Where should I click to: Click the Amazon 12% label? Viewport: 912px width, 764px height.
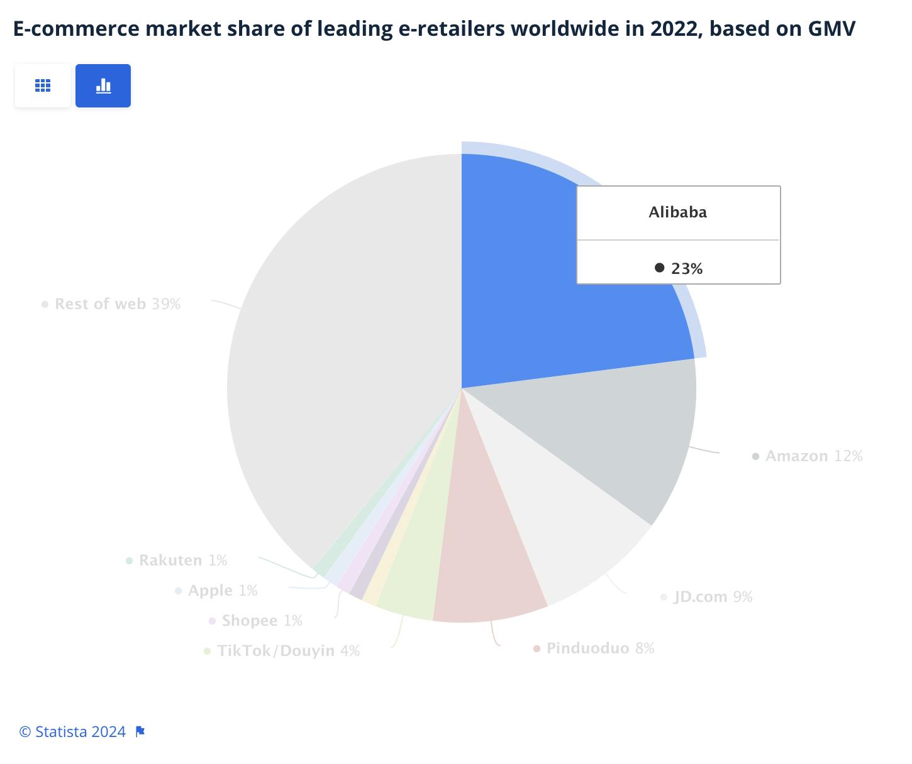pyautogui.click(x=813, y=456)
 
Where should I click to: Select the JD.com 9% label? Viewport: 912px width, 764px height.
pyautogui.click(x=712, y=597)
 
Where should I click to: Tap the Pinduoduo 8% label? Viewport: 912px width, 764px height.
pyautogui.click(x=599, y=648)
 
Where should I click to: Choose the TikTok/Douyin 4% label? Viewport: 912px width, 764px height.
pyautogui.click(x=287, y=651)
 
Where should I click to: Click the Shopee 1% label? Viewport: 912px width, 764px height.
pyautogui.click(x=261, y=621)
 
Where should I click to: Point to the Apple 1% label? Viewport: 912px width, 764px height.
pyautogui.click(x=222, y=591)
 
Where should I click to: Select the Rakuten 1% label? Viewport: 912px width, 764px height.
pyautogui.click(x=182, y=560)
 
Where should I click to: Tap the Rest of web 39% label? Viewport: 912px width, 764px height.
pyautogui.click(x=117, y=304)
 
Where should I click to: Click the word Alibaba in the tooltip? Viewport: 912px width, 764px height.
pyautogui.click(x=677, y=212)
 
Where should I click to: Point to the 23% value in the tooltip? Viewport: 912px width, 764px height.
pyautogui.click(x=686, y=269)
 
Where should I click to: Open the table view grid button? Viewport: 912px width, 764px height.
pyautogui.click(x=43, y=85)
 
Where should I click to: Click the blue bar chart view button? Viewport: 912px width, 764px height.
pyautogui.click(x=103, y=85)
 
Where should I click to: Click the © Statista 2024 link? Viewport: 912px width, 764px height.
pyautogui.click(x=72, y=732)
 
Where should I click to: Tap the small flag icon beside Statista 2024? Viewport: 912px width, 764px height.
pyautogui.click(x=140, y=731)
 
